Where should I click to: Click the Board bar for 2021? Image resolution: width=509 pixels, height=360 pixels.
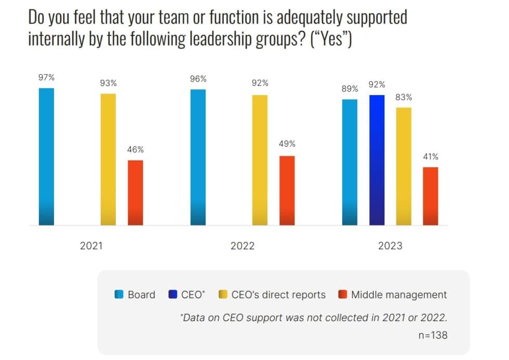(46, 156)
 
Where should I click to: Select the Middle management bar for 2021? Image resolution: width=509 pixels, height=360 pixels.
(135, 193)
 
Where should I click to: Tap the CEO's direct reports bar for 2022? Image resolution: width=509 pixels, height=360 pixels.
(260, 160)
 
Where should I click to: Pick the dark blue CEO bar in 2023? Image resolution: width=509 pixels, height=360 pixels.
(377, 160)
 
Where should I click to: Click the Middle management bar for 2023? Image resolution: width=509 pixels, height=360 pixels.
(431, 196)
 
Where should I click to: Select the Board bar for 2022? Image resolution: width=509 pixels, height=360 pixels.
(198, 157)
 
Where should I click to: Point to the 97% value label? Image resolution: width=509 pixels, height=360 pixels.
(46, 78)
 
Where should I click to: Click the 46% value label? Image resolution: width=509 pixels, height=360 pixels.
(135, 150)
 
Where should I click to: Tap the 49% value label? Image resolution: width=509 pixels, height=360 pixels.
(287, 144)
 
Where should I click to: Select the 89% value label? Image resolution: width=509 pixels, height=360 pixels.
(350, 89)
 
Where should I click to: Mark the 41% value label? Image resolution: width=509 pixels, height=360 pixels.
(431, 156)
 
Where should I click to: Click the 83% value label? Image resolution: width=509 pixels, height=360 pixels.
(404, 97)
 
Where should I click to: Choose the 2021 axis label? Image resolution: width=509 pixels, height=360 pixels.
(91, 246)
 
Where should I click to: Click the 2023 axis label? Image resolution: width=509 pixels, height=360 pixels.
(390, 246)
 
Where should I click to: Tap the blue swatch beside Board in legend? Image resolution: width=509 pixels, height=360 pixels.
(119, 295)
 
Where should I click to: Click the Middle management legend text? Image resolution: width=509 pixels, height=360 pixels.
(398, 295)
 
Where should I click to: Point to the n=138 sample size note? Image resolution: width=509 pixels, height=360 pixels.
(432, 336)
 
